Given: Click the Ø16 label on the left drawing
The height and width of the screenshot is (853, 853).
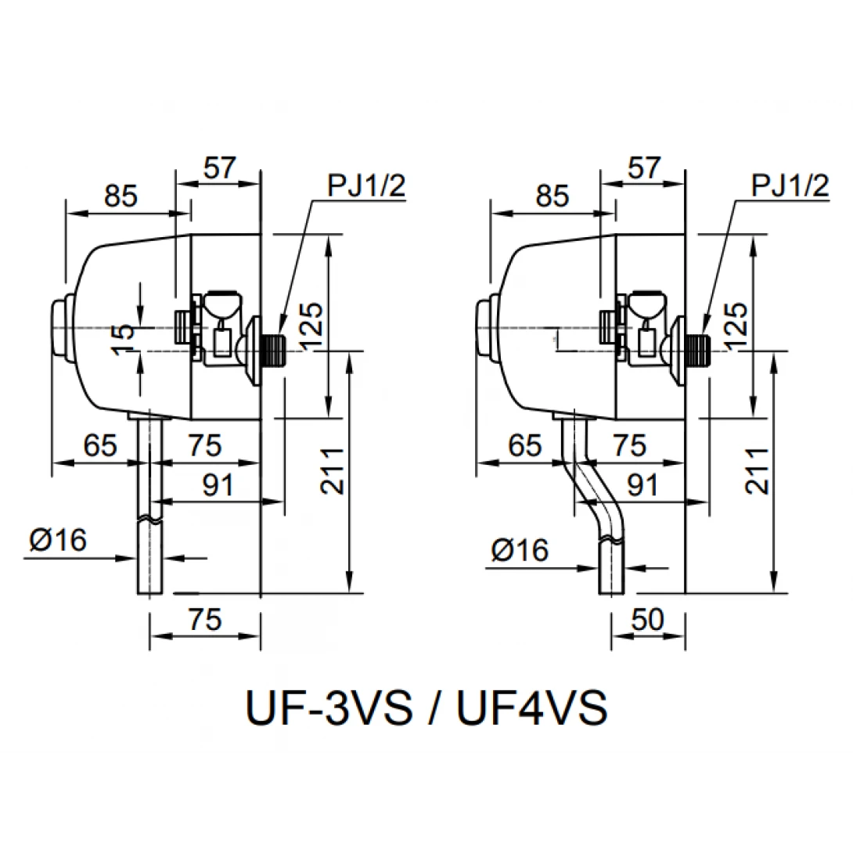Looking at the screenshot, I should coord(60,540).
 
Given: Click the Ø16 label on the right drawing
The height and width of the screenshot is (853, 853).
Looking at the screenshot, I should coord(520,551).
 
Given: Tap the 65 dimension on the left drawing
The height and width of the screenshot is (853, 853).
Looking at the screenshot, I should coord(100,446).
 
